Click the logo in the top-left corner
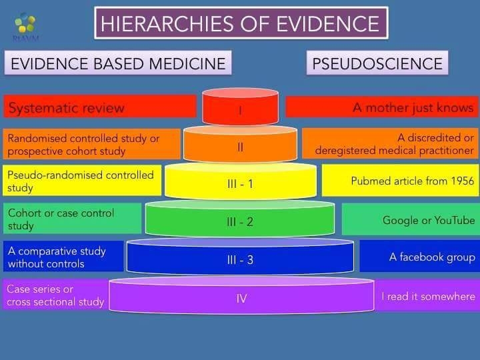(25, 26)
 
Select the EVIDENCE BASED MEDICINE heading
(118, 64)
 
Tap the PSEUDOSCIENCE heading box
(377, 63)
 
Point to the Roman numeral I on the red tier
(240, 110)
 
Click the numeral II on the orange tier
(240, 147)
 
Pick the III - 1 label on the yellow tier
(240, 184)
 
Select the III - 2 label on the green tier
(240, 222)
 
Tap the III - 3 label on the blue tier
(240, 260)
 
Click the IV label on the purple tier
(241, 299)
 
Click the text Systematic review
(67, 108)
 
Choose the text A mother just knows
(413, 108)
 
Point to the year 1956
(463, 181)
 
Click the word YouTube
(455, 220)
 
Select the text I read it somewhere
(428, 296)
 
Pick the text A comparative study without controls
(57, 257)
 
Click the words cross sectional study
(55, 302)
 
